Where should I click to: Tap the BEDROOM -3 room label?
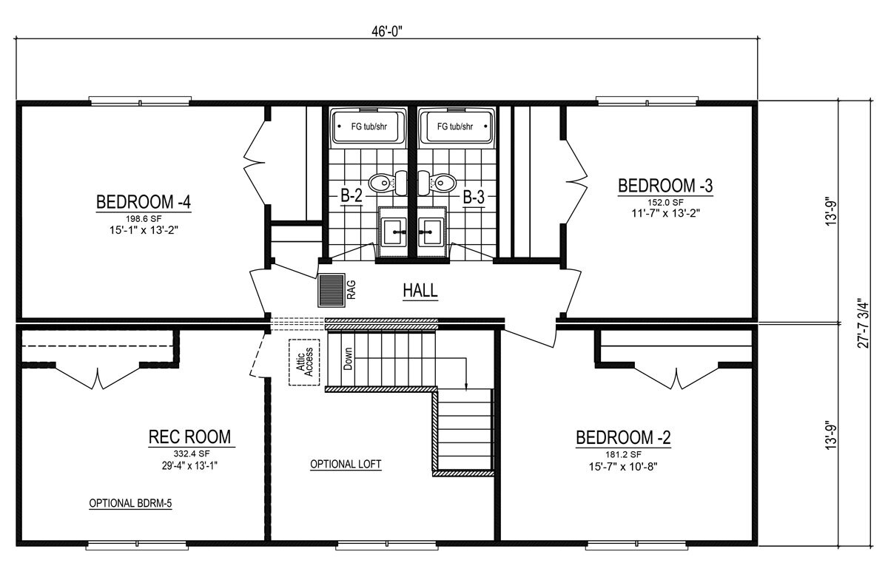[665, 185]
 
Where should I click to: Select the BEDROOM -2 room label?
[623, 438]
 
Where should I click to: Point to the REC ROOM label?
[189, 437]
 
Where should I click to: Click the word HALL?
[420, 291]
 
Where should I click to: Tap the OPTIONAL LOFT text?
[346, 465]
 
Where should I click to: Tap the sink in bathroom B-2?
[393, 233]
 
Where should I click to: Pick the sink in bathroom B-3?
[431, 233]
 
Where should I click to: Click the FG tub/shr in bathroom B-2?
[369, 127]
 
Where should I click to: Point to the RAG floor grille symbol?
[332, 290]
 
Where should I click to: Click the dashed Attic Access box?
[303, 362]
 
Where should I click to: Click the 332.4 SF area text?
[189, 453]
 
